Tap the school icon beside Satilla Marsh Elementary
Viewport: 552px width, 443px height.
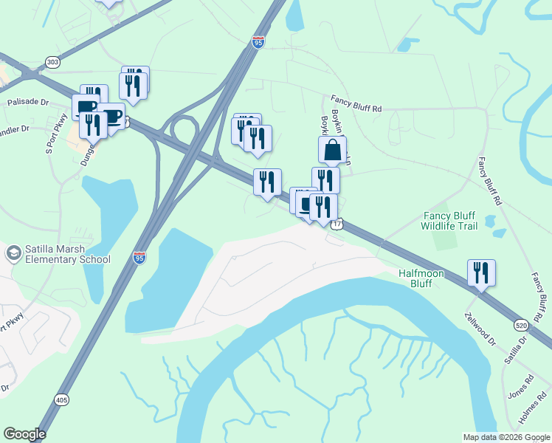pyautogui.click(x=13, y=253)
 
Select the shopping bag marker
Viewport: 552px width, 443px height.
pyautogui.click(x=333, y=151)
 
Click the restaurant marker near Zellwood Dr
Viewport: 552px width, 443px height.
pyautogui.click(x=481, y=273)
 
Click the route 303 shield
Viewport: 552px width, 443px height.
pyautogui.click(x=52, y=63)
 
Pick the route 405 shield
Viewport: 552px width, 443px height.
pyautogui.click(x=62, y=399)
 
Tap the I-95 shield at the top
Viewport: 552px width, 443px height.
pyautogui.click(x=258, y=41)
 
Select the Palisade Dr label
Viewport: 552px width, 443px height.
pyautogui.click(x=28, y=103)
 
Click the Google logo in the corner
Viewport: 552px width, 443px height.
pyautogui.click(x=24, y=434)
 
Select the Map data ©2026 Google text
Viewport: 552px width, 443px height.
pyautogui.click(x=506, y=437)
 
